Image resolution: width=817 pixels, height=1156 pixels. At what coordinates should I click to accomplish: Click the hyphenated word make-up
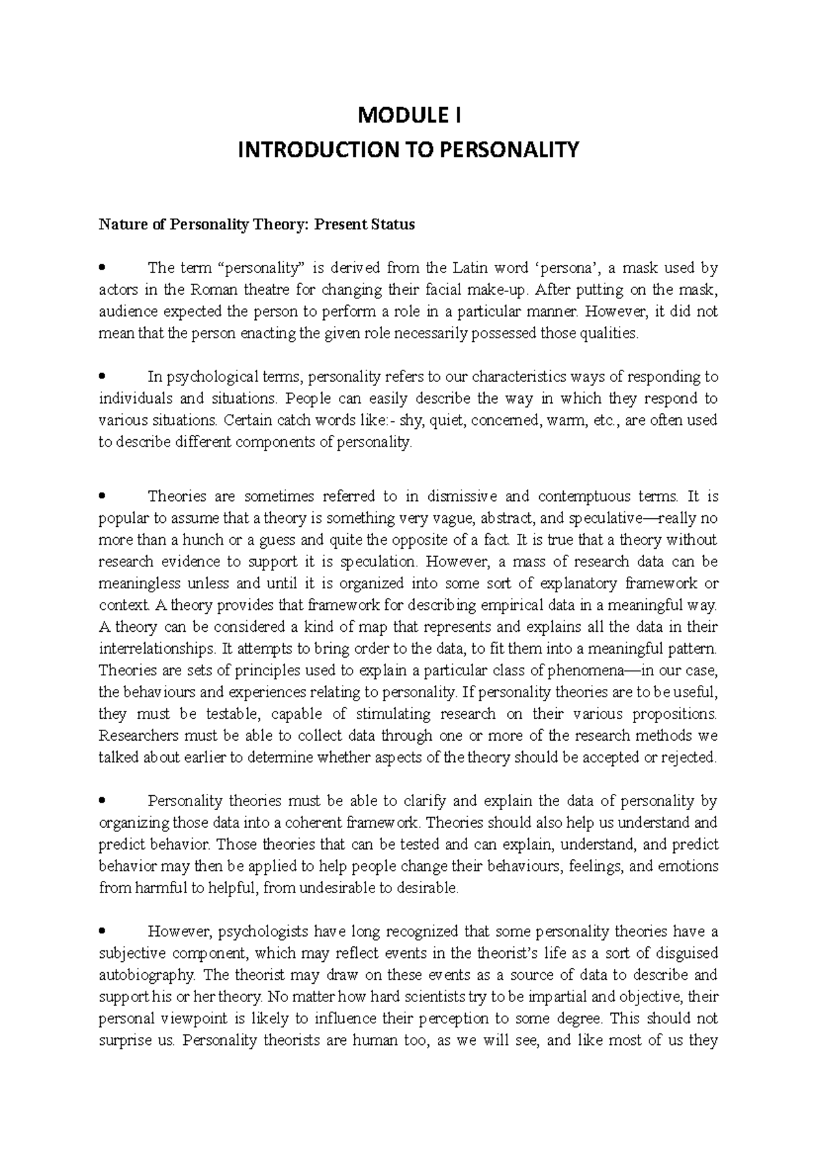pyautogui.click(x=502, y=289)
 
